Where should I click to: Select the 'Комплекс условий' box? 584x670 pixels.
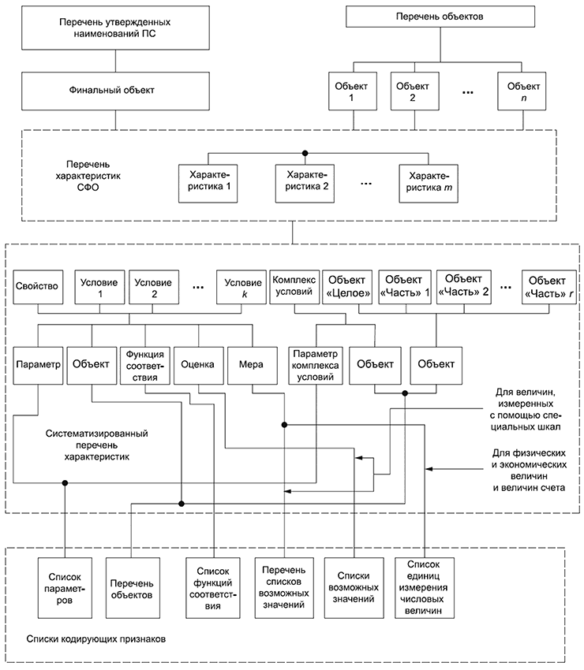coord(294,286)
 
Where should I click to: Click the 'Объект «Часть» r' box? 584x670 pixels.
coord(548,287)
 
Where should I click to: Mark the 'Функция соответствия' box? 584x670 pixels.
coord(144,365)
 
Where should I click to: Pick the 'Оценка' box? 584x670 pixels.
coord(197,365)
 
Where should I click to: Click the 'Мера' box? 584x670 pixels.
coord(251,365)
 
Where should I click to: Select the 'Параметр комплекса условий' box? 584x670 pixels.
coord(316,365)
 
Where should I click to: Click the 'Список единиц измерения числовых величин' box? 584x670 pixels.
coord(426,587)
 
